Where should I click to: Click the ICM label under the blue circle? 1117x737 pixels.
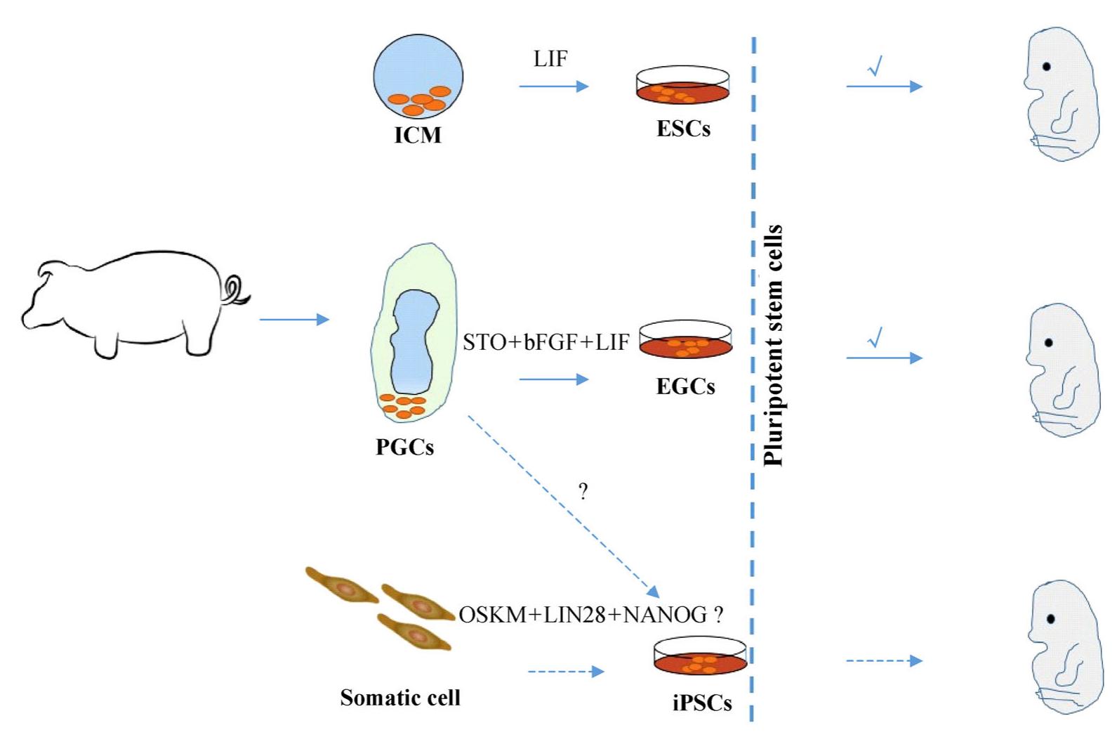(418, 134)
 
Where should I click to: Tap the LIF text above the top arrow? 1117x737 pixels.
(550, 59)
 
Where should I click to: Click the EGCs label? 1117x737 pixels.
(685, 386)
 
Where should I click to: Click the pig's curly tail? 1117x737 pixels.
(236, 289)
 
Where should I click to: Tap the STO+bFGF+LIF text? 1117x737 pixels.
(546, 343)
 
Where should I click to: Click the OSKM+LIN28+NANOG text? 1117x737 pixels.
(583, 615)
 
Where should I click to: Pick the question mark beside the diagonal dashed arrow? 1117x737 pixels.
(583, 491)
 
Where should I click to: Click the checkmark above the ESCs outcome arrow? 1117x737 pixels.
(875, 67)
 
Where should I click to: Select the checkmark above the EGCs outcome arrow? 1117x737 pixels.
(875, 338)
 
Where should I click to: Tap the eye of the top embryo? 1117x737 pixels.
(1047, 67)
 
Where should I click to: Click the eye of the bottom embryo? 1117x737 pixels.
(1051, 619)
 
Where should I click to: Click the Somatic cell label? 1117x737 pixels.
(400, 698)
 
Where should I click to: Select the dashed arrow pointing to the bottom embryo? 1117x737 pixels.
(884, 660)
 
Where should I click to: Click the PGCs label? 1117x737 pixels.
(404, 447)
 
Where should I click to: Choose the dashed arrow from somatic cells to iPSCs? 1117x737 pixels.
(565, 672)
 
